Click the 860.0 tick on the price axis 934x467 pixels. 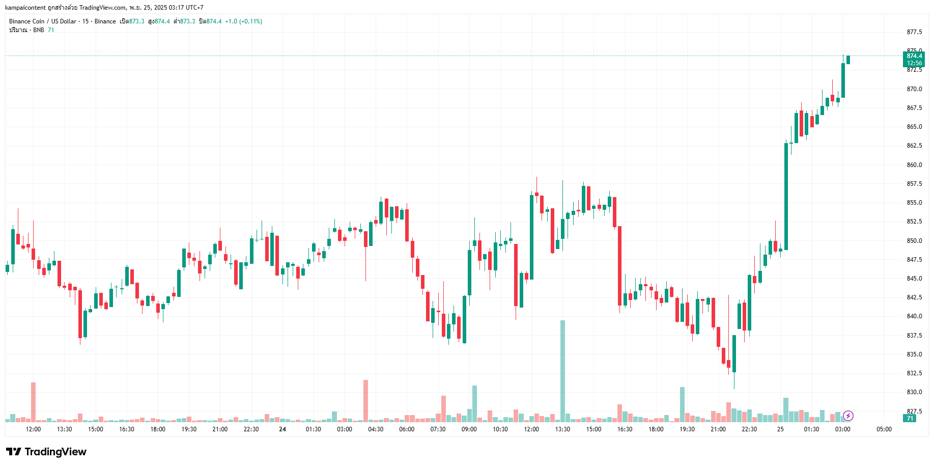point(914,165)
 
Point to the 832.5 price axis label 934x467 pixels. point(914,373)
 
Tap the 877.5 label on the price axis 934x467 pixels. point(914,32)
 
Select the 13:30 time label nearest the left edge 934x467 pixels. point(64,429)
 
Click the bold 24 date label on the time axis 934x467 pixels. point(282,429)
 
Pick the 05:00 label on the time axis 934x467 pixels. point(884,429)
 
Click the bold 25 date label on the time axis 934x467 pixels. point(780,429)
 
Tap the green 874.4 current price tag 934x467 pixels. point(914,56)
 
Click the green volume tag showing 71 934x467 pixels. point(910,419)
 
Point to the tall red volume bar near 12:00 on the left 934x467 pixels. point(33,402)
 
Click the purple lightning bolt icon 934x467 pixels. point(848,416)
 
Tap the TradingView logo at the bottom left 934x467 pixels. point(46,452)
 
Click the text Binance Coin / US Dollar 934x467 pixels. point(43,21)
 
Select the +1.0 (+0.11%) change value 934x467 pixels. point(243,21)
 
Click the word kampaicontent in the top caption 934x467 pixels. point(25,8)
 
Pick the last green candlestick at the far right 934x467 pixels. point(848,60)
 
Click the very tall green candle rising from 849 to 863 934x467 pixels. point(786,196)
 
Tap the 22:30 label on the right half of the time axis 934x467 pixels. point(749,429)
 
